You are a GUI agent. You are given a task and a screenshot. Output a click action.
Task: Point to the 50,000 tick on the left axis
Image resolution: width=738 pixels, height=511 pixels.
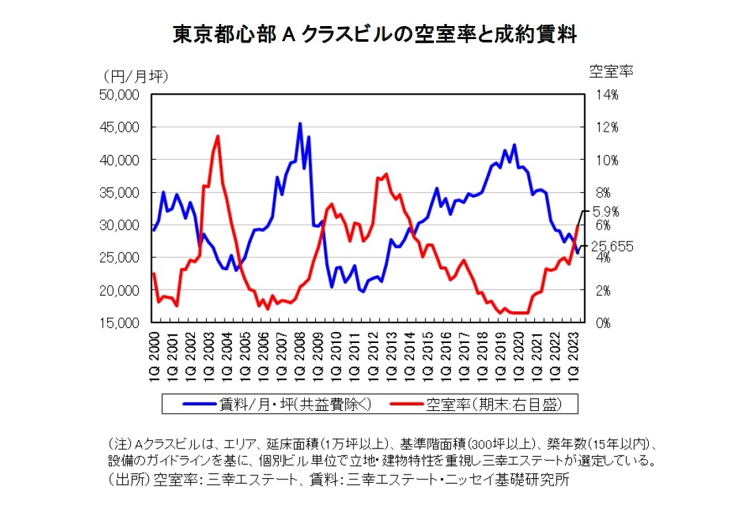pyautogui.click(x=120, y=95)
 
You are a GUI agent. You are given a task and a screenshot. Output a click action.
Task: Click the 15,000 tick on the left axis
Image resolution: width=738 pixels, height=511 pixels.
pyautogui.click(x=120, y=322)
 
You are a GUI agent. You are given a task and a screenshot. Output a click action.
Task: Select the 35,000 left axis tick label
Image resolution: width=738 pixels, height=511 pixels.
pyautogui.click(x=120, y=192)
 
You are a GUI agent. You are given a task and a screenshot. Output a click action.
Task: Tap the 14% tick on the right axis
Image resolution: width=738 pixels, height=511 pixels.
pyautogui.click(x=607, y=95)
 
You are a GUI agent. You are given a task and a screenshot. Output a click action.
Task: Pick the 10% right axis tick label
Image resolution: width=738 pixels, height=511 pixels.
pyautogui.click(x=607, y=160)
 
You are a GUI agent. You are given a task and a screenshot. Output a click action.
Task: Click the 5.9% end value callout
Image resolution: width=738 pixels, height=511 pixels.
pyautogui.click(x=606, y=211)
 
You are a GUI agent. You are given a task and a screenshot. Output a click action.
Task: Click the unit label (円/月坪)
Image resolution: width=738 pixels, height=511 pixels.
pyautogui.click(x=135, y=75)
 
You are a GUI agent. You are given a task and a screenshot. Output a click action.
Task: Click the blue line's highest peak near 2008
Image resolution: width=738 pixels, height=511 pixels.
pyautogui.click(x=300, y=124)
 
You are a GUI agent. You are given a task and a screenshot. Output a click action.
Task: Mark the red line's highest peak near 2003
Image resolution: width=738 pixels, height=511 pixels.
pyautogui.click(x=218, y=136)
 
